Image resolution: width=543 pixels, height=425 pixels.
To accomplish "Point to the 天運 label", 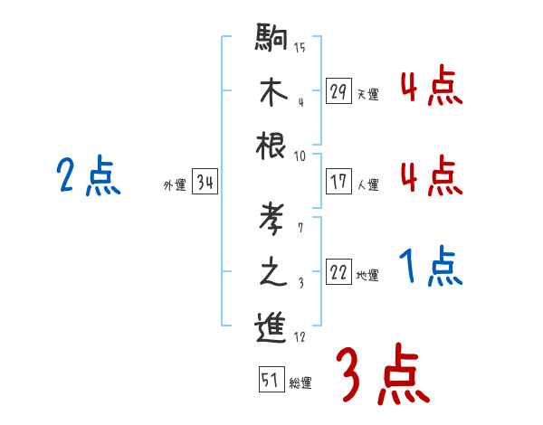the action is [367, 94].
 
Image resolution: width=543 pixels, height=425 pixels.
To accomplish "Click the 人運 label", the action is [367, 184].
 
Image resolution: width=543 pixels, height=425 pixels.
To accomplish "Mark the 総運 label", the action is [300, 382].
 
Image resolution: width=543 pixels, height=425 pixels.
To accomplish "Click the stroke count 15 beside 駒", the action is [300, 47].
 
